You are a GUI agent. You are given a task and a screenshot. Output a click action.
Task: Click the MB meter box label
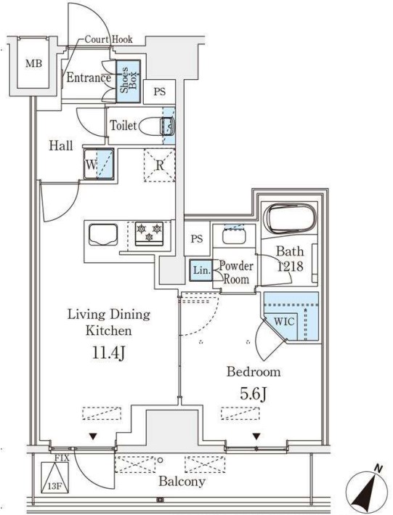34,63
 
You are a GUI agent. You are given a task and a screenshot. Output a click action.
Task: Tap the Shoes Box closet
128,81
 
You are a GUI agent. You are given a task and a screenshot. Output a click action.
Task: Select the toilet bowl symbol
156,126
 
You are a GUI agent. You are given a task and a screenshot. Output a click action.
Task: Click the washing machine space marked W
99,164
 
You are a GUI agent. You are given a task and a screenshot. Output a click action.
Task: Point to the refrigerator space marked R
159,165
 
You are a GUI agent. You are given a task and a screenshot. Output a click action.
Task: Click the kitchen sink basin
103,235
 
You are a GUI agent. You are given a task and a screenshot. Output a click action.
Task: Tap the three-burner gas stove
149,233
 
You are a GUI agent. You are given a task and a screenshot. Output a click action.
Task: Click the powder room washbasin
234,236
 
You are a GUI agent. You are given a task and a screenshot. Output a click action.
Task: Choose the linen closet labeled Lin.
201,270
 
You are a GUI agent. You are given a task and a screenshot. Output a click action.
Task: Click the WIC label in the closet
284,321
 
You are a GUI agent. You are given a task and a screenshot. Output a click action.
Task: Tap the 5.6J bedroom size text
253,394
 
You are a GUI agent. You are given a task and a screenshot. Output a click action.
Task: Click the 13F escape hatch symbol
55,477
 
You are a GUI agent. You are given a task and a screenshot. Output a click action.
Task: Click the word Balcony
182,482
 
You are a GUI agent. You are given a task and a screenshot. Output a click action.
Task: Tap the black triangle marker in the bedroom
256,437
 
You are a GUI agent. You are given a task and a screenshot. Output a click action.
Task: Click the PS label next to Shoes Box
160,92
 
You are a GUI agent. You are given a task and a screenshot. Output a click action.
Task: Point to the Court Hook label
108,39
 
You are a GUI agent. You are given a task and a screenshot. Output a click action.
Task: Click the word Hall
61,145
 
